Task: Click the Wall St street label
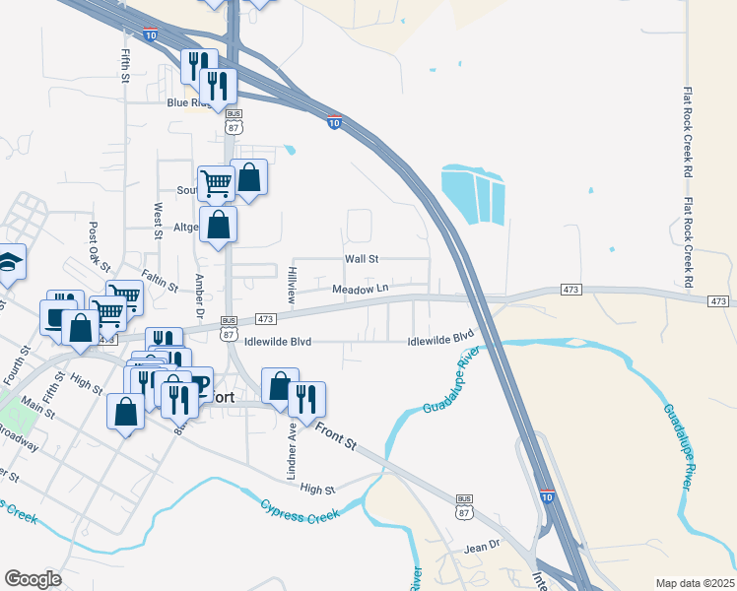tap(362, 258)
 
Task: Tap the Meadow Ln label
tap(362, 289)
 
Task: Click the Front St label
tap(336, 435)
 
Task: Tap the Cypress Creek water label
tap(300, 510)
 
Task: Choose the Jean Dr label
tap(483, 544)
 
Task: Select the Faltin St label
tap(159, 281)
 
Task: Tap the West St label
tap(157, 221)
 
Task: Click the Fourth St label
tap(12, 365)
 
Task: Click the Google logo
tap(33, 579)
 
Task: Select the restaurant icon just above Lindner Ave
tap(306, 399)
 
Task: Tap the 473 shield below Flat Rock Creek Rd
tap(718, 300)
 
